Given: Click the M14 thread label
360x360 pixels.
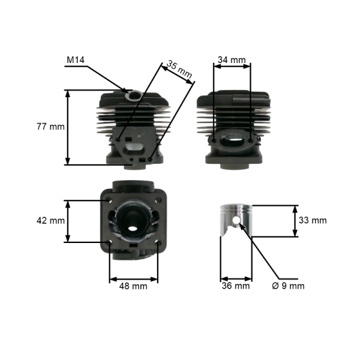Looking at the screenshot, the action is pos(76,60).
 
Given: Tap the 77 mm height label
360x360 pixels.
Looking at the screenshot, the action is pos(51,127).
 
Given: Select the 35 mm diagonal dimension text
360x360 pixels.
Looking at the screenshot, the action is pos(179,69).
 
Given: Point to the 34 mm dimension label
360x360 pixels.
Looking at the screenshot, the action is pos(232,60).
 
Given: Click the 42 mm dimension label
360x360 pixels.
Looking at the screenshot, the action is pos(51,221).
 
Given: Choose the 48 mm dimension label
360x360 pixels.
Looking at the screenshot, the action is pos(133,286).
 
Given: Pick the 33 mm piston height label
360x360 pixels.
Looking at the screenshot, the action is pos(313,220).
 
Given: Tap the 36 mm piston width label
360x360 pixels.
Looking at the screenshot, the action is pos(236,286).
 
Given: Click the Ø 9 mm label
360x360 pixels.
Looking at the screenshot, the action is pos(289,286).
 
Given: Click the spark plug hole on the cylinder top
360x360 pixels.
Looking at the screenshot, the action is pos(134,95).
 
